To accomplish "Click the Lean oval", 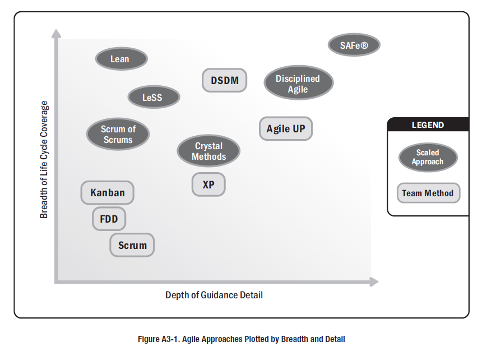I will (121, 59).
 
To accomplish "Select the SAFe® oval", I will (354, 45).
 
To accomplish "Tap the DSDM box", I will (224, 80).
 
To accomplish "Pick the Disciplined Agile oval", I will (298, 84).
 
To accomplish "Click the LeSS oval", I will (153, 98).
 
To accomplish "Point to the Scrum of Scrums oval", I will (118, 135).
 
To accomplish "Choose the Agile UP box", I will (285, 129).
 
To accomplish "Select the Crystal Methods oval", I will (208, 151).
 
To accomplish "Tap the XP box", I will (208, 184).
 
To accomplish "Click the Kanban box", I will (107, 193).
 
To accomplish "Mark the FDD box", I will (109, 219).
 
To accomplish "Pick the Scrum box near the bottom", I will (132, 245).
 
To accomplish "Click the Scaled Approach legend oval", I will (428, 157).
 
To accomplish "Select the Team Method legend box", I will (428, 193).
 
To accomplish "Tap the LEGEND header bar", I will (428, 125).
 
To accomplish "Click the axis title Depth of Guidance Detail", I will (214, 295).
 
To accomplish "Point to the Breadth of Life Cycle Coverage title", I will (44, 160).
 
